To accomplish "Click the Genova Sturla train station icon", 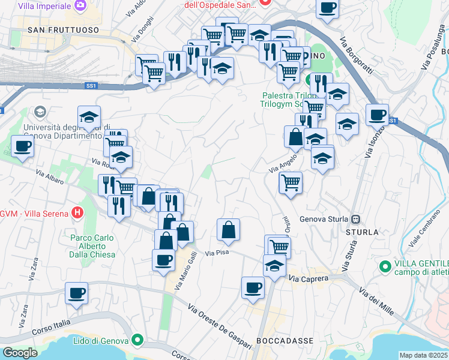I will tap(356, 220).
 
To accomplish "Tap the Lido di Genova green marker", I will tap(137, 340).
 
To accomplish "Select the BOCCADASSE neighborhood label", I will tap(285, 340).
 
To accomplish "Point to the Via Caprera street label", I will tap(309, 278).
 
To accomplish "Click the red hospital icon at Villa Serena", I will tap(77, 212).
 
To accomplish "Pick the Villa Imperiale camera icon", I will tap(80, 5).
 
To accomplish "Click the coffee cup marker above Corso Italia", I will tap(76, 293).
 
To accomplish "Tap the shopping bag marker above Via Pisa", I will tap(228, 229).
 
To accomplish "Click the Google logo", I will tap(20, 353).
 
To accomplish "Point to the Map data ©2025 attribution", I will tap(424, 355).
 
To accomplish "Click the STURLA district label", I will tap(362, 232).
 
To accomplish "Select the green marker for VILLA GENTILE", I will tap(384, 265).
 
